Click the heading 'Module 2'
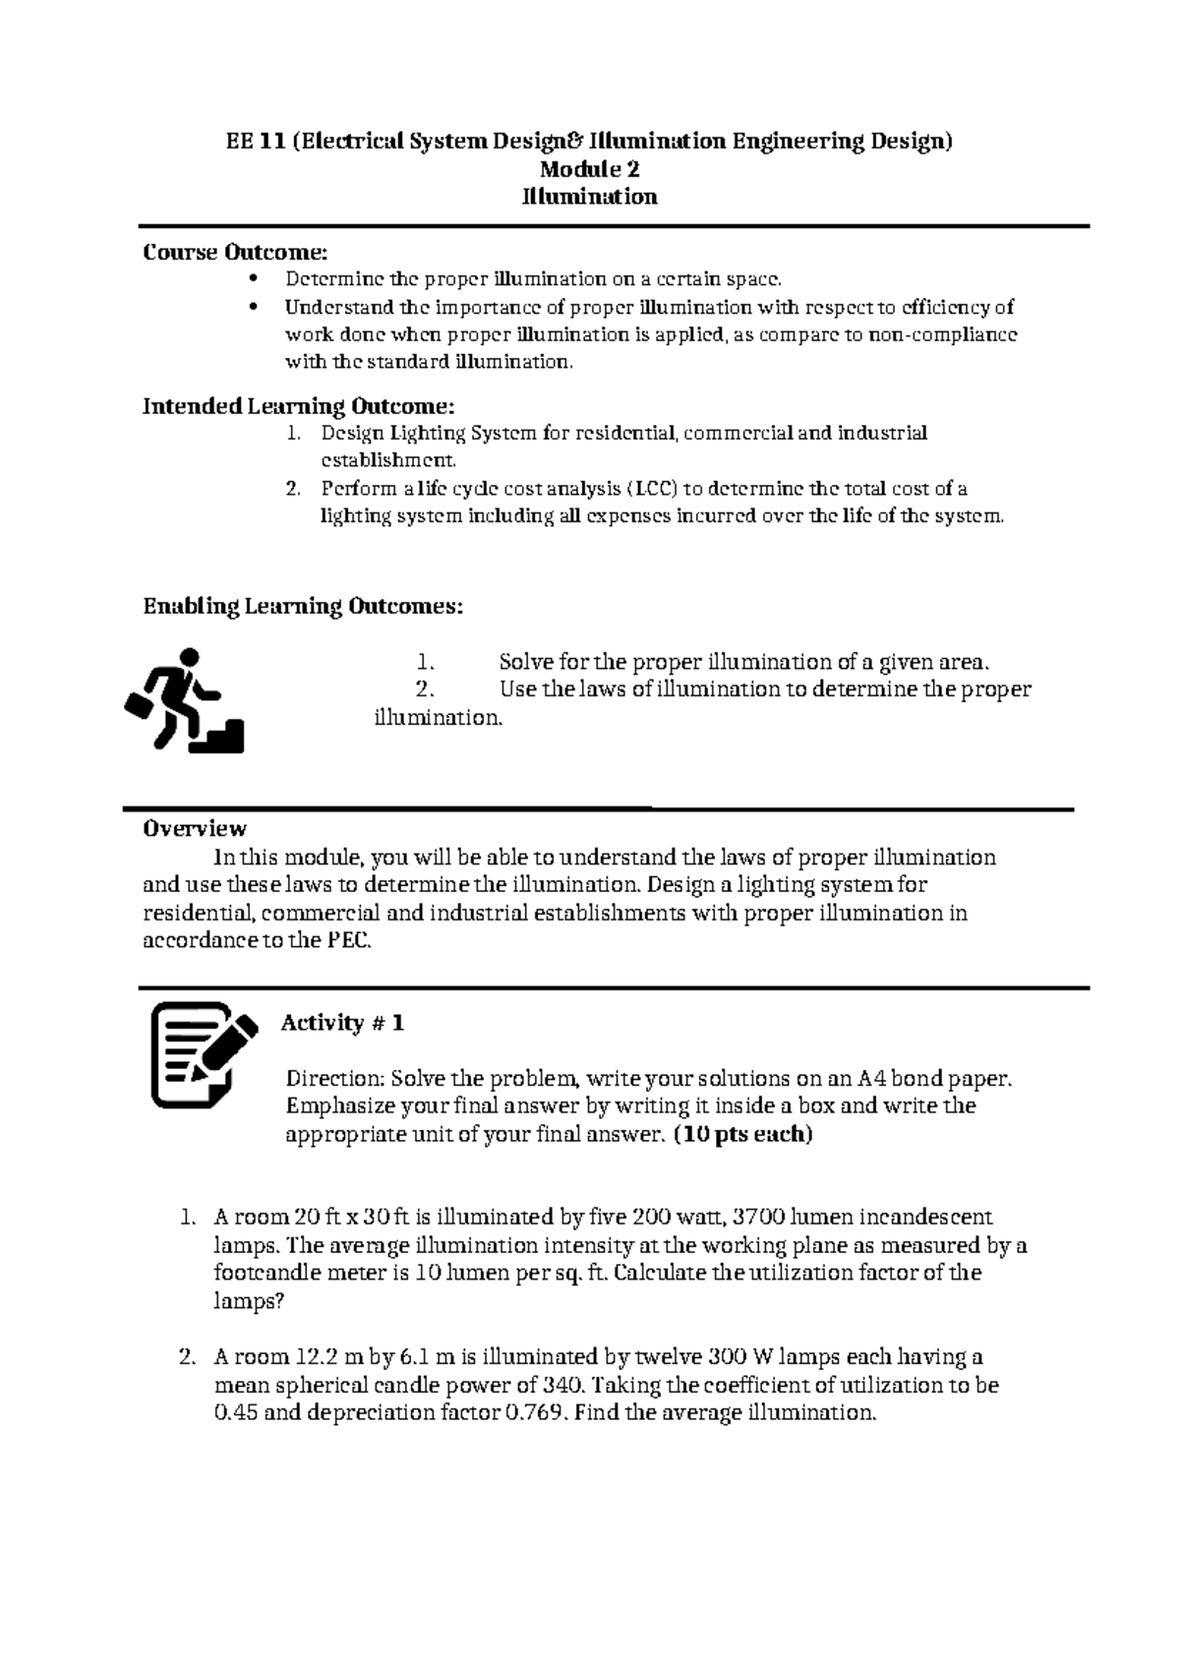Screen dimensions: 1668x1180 click(589, 169)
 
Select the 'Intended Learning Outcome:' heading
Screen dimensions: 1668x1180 click(299, 406)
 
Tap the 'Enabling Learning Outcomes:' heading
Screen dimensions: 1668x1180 click(303, 607)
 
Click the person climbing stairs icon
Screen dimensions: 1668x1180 click(185, 700)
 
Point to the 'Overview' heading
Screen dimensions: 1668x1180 click(195, 829)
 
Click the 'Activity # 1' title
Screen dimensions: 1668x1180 click(342, 1024)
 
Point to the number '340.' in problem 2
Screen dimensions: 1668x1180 click(564, 1386)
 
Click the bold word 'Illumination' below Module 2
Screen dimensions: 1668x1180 click(589, 197)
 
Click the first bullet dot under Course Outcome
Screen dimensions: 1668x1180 click(255, 279)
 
